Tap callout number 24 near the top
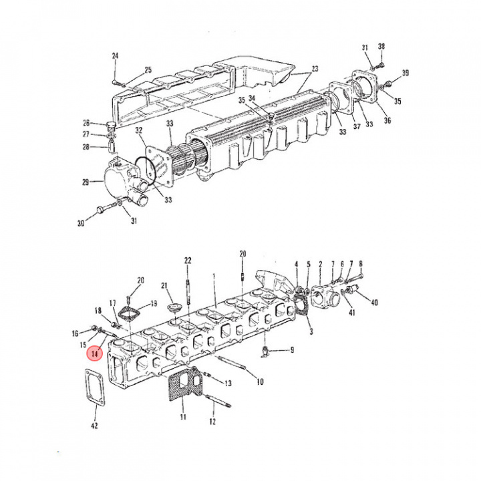coord(115,56)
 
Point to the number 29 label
coord(85,181)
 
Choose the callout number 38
coord(381,47)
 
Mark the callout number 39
coord(405,73)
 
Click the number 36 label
coord(387,120)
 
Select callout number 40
coord(374,302)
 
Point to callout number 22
coord(188,260)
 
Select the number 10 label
coord(260,381)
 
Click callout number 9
coord(291,349)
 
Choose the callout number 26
coord(86,122)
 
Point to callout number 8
coord(361,264)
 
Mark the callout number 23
coord(315,69)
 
